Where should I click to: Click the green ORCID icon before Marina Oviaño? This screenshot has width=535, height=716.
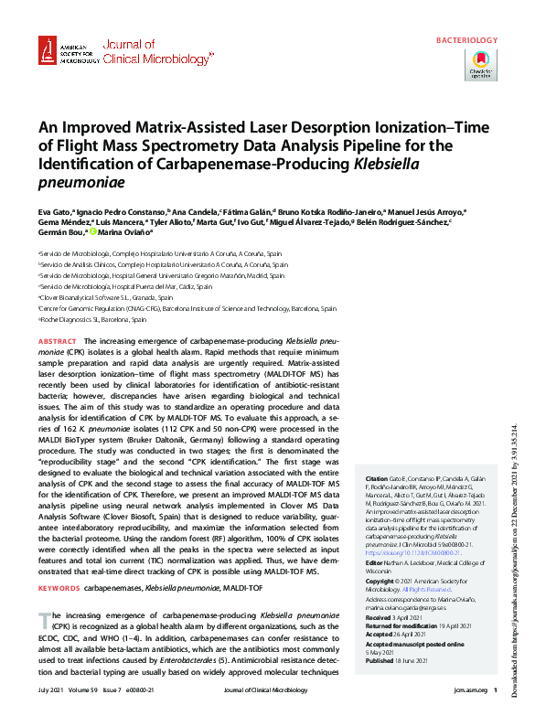point(91,232)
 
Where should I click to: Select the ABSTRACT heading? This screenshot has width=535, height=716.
point(58,340)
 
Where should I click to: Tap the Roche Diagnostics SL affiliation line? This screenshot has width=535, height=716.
point(91,320)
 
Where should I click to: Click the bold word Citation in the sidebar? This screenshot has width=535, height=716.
point(377,478)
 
